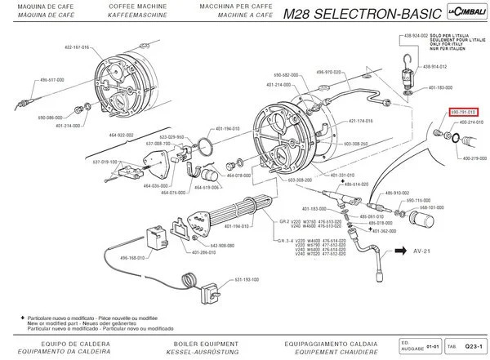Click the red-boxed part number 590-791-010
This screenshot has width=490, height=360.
[x=464, y=112]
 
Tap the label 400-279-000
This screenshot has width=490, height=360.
[x=473, y=158]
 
